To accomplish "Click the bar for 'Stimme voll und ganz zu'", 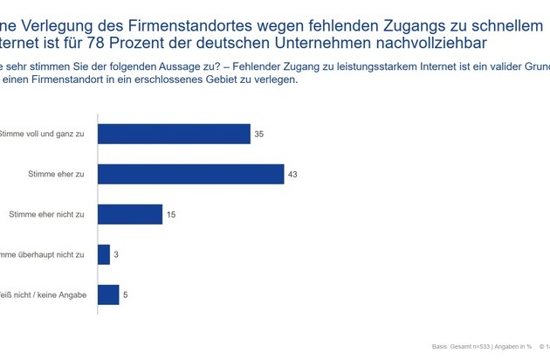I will click(174, 133).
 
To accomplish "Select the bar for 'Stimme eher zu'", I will click(190, 174).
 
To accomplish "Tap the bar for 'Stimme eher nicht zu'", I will click(130, 214).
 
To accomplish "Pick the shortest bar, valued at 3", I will click(104, 254).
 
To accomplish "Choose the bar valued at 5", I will click(108, 294).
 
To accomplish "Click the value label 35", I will click(259, 134).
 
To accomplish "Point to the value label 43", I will click(293, 174).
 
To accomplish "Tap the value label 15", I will click(171, 214).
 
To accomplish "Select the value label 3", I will click(117, 254).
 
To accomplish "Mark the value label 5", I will click(126, 295).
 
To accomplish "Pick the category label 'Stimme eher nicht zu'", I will click(46, 214).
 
